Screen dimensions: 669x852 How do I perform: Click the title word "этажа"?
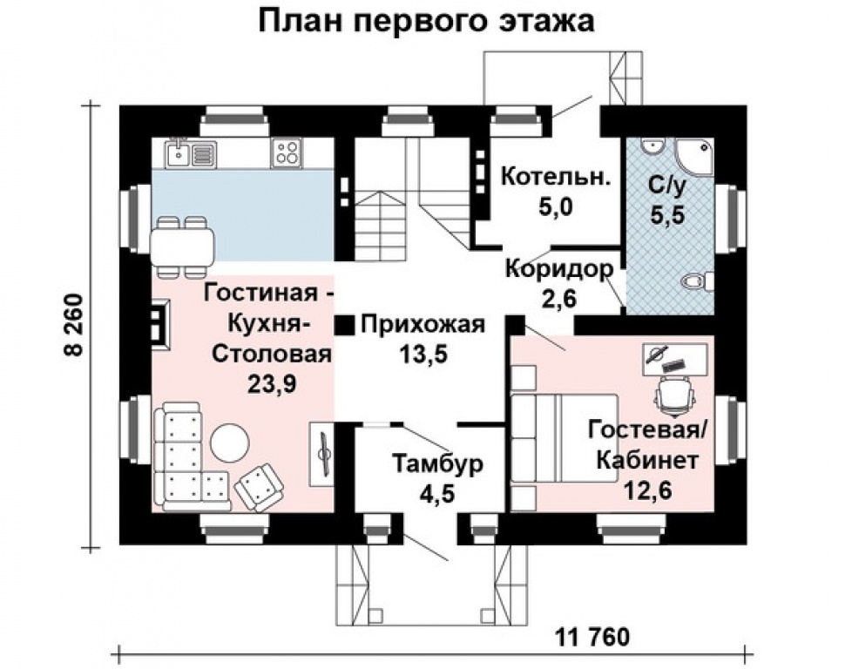[x=546, y=22]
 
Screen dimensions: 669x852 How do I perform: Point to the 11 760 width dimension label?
[x=592, y=637]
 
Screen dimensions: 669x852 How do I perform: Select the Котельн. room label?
[x=555, y=177]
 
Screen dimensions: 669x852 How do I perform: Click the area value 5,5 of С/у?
[x=668, y=214]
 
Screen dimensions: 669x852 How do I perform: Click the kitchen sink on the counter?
[x=180, y=154]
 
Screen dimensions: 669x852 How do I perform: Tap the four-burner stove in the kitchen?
[x=287, y=153]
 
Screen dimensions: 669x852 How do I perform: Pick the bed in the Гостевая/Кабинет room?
[x=565, y=438]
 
